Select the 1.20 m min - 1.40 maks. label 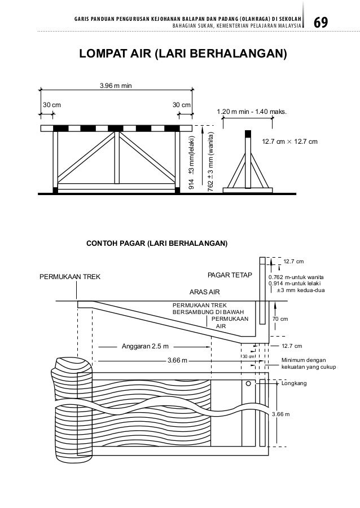click(252, 112)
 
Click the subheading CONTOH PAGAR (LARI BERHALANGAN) click(156, 244)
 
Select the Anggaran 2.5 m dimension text click(146, 346)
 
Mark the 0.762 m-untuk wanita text click(296, 277)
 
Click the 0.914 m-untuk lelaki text click(294, 284)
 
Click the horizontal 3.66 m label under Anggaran click(178, 360)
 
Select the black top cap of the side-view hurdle click(247, 134)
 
